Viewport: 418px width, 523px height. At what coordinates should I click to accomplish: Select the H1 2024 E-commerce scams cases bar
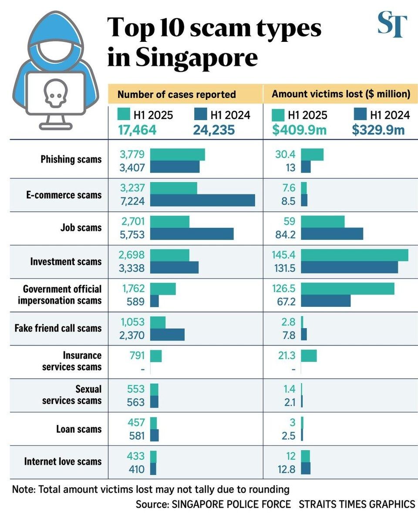click(x=202, y=200)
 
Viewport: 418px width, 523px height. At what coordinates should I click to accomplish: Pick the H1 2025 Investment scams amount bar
click(x=354, y=255)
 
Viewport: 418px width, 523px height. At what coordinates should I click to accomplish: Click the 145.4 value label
click(x=283, y=255)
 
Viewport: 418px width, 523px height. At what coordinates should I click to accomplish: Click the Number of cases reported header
click(x=177, y=94)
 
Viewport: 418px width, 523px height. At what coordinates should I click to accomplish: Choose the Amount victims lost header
click(x=341, y=94)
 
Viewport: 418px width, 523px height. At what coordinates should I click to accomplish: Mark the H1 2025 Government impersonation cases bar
click(x=163, y=289)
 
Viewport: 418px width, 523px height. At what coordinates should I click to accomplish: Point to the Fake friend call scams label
click(x=59, y=328)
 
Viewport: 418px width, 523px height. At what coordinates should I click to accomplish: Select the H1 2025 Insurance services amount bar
click(x=309, y=356)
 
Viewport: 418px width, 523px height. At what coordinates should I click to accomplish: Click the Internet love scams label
click(x=63, y=461)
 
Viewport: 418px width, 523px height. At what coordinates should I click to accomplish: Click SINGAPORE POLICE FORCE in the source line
click(x=231, y=504)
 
